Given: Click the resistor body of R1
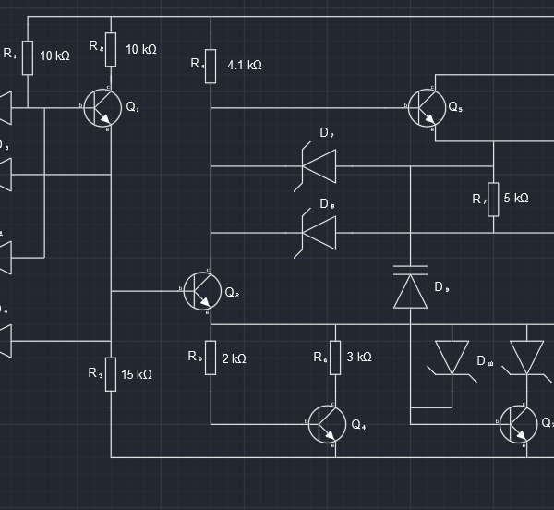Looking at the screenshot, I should point(28,57).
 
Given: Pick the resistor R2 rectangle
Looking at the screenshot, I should point(111,49).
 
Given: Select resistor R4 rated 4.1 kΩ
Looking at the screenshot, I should point(211,66).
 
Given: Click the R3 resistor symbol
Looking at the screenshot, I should point(111,374).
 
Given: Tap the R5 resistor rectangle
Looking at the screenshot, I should point(211,357).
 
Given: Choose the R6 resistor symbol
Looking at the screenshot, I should point(334,358).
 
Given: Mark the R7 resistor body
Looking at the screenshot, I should point(494,199).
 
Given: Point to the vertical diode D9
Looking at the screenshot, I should point(410,286).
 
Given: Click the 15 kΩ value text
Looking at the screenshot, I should point(137,374).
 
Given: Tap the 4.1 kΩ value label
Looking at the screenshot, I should point(245,66).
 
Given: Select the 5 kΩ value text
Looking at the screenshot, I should point(516,199).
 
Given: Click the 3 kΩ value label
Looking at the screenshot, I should point(359,358).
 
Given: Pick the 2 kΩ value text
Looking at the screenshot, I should point(234,358).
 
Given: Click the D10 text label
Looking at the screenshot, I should point(485,361).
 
